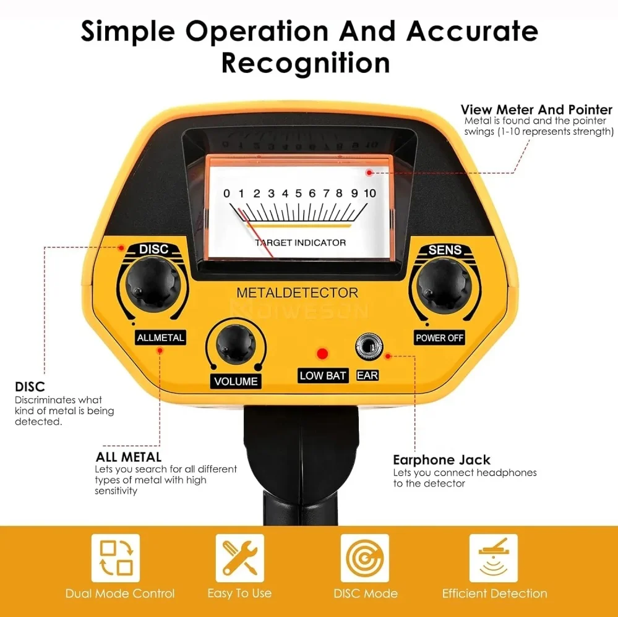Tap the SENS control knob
(x=444, y=285)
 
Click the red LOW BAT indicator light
(x=322, y=354)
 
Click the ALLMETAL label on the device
(x=161, y=338)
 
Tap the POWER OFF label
(x=439, y=338)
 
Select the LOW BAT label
(x=323, y=375)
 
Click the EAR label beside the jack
(x=367, y=375)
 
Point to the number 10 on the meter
(x=369, y=194)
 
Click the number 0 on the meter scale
(x=226, y=194)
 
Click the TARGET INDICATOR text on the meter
(x=301, y=242)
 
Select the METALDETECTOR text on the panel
(x=297, y=292)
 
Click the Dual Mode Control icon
(x=116, y=558)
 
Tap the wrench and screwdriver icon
(x=239, y=558)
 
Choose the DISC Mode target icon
(x=365, y=558)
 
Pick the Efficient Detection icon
(x=493, y=558)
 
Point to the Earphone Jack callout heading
(x=442, y=460)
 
